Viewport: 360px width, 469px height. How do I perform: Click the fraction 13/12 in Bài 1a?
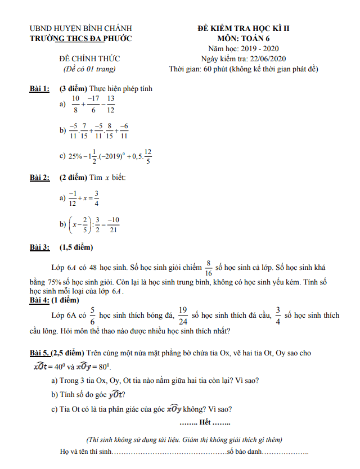111,104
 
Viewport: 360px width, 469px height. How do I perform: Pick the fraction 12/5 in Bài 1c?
147,156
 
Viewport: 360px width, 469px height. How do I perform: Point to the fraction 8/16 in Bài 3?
208,267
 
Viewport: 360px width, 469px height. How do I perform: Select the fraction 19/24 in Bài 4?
182,315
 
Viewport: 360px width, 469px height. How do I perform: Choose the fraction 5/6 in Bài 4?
92,315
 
